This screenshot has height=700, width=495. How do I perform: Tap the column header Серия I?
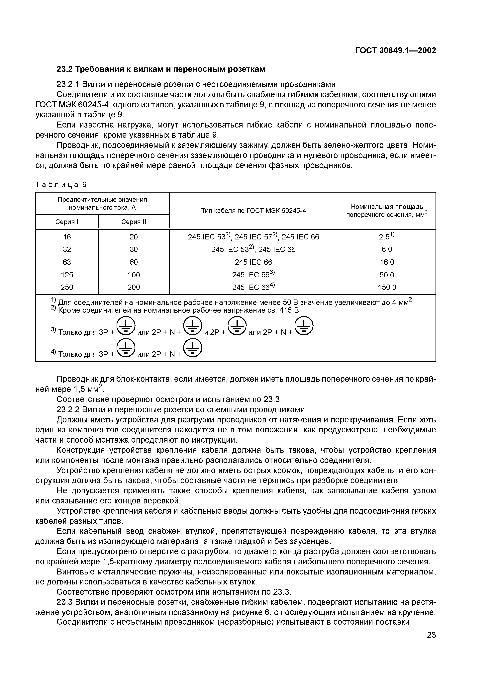pos(67,222)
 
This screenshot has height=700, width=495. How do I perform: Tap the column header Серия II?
pos(134,222)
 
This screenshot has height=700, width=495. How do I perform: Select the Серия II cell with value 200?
pos(134,287)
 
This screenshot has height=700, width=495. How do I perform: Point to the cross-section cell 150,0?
pos(387,287)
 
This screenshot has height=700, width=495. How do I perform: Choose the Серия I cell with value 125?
pos(67,275)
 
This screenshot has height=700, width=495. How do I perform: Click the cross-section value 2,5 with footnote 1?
pos(386,237)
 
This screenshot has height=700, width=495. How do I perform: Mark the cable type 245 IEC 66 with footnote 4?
pos(253,287)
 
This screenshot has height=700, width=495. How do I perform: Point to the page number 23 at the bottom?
pos(431,635)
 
